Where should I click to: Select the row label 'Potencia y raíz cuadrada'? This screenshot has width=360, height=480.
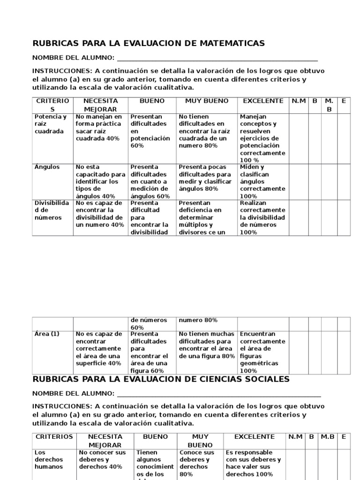(51, 124)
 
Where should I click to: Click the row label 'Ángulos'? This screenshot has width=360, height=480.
(47, 167)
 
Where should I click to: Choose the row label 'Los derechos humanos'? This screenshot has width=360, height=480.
(48, 459)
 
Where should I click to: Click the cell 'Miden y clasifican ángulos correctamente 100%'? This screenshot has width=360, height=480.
(262, 181)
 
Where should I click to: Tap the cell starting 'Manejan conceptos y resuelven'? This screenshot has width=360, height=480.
(262, 138)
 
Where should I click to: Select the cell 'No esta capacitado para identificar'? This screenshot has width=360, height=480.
(100, 181)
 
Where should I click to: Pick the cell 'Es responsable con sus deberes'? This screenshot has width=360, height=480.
(254, 463)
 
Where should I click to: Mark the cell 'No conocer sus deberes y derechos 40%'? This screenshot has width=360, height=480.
(102, 459)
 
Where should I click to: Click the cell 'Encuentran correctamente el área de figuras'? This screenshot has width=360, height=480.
(262, 352)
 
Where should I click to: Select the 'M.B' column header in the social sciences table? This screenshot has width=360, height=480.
(327, 437)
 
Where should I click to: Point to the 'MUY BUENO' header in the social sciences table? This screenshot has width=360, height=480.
(200, 441)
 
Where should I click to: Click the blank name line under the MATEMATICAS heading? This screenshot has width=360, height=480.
(217, 58)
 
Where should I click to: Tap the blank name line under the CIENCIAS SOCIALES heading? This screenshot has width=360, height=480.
(219, 393)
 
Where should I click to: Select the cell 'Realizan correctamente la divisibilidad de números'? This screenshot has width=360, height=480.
(262, 217)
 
